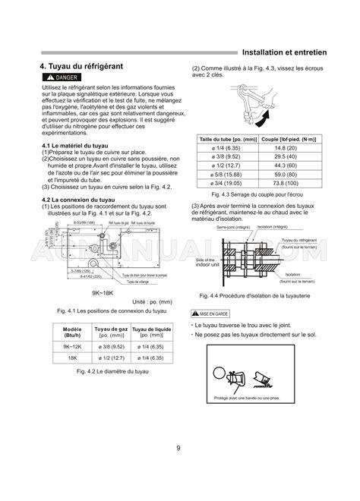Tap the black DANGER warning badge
pyautogui.click(x=62, y=79)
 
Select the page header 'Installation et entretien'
pyautogui.click(x=283, y=53)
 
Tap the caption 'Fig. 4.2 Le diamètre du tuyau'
pyautogui.click(x=113, y=372)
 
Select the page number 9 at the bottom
pyautogui.click(x=179, y=448)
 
